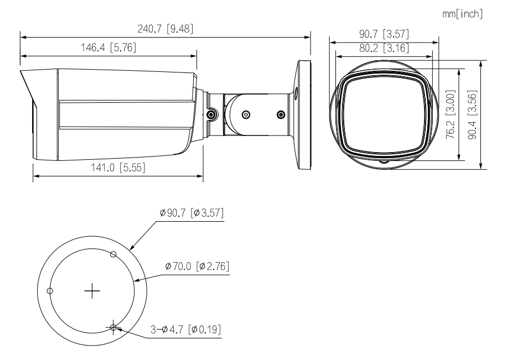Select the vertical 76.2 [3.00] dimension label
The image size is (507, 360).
[x=451, y=116]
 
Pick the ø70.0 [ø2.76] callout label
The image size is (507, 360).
[x=197, y=267]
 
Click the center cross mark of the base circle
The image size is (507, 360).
[x=92, y=289]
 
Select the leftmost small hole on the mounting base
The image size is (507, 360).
[x=50, y=290]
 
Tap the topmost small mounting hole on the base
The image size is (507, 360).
[x=113, y=254]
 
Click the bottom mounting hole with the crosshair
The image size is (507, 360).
[x=113, y=327]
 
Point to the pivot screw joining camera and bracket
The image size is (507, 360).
[x=211, y=114]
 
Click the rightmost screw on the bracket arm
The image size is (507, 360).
[x=281, y=114]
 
